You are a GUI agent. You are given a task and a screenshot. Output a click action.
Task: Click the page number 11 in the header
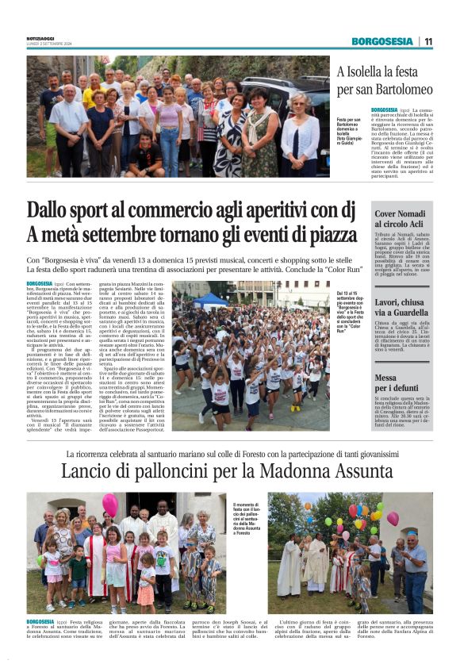(x=428, y=41)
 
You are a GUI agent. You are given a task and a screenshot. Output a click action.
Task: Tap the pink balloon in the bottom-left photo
(x=109, y=505)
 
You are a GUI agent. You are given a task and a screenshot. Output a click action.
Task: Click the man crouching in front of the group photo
(x=145, y=155)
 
